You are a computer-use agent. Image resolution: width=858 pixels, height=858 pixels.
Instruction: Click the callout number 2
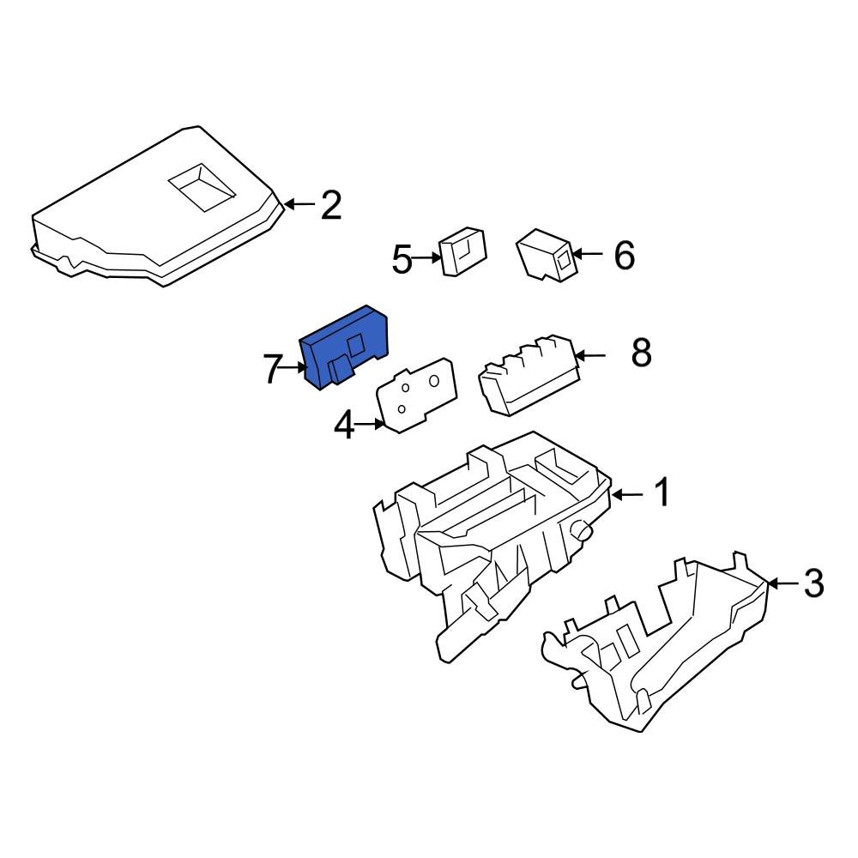tap(331, 205)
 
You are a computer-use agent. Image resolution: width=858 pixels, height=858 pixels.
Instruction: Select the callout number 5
tap(402, 259)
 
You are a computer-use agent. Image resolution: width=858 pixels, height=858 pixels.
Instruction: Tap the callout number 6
tap(625, 255)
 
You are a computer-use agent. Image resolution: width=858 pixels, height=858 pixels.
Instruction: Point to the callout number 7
tap(273, 369)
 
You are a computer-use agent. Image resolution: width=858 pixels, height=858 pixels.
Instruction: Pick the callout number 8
tap(641, 353)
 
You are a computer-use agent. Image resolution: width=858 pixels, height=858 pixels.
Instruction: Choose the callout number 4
tap(345, 426)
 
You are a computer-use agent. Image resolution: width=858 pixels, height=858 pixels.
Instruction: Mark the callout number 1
tap(662, 492)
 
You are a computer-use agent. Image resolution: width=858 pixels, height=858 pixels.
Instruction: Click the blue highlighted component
tap(344, 347)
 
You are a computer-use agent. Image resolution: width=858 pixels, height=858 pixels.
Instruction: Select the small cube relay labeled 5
tap(463, 251)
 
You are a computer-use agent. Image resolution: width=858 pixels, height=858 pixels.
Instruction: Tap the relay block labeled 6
tap(545, 256)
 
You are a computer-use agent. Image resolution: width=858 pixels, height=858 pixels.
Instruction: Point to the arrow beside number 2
tap(299, 205)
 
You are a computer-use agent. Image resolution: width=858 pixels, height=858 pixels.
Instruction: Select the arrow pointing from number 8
tap(590, 356)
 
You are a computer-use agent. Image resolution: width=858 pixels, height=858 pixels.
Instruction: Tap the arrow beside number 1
tap(627, 495)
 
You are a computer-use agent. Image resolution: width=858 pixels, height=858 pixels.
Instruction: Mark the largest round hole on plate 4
tap(434, 380)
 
